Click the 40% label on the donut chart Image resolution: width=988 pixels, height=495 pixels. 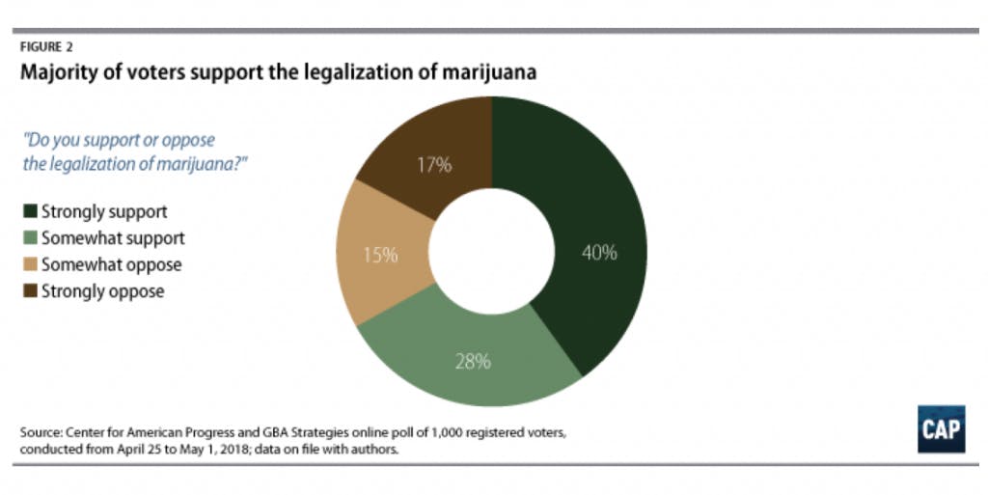599,253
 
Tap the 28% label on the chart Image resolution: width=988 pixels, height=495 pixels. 474,362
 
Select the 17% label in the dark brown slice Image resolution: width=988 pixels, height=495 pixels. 434,165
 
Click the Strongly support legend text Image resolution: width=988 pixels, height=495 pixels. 103,211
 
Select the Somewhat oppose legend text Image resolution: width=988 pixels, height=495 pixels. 111,263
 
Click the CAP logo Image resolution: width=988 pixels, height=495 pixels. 941,428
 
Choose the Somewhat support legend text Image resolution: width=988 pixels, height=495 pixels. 112,237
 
